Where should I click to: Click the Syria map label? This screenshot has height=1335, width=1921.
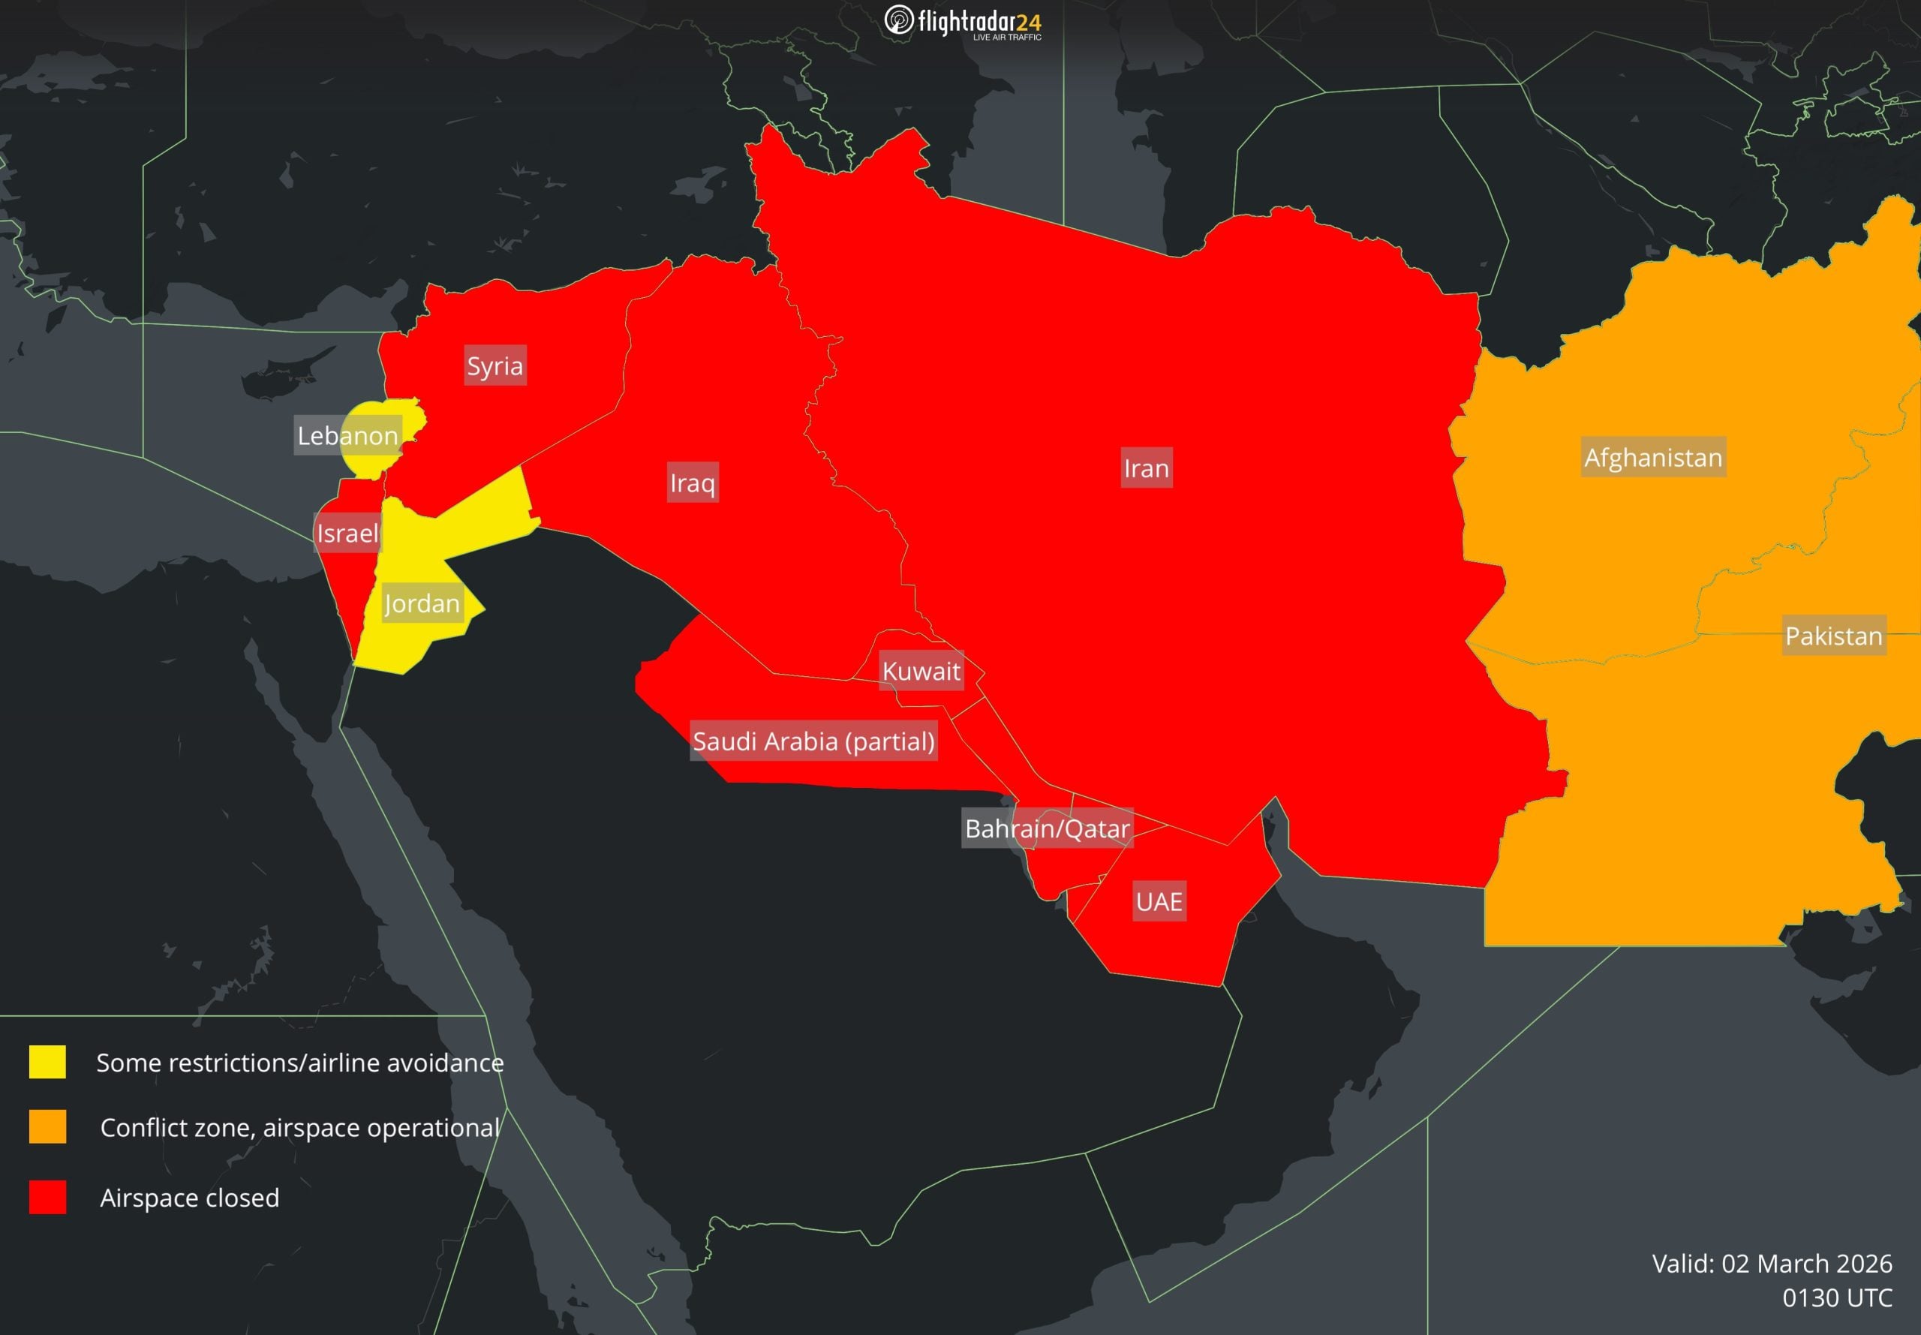[x=495, y=365]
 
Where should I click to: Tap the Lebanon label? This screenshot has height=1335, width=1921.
[x=347, y=435]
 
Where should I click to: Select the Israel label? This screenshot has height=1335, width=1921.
[x=347, y=533]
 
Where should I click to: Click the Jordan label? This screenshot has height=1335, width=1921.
[x=422, y=603]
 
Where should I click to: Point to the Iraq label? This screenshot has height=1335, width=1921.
[x=692, y=483]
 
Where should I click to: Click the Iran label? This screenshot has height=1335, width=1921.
[x=1146, y=468]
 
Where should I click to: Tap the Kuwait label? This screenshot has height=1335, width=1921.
[x=921, y=671]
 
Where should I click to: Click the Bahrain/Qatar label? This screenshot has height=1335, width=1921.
[x=1047, y=828]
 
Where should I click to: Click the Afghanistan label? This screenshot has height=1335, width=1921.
[x=1652, y=458]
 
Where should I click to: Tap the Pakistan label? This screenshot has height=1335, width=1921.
[x=1833, y=636]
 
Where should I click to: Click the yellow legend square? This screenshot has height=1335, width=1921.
[x=48, y=1063]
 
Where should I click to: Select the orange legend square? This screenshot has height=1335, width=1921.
[x=48, y=1126]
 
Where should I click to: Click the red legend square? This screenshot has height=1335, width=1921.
[x=48, y=1197]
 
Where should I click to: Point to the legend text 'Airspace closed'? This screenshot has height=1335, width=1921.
[x=190, y=1198]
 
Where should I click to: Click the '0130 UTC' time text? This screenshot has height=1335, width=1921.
[x=1836, y=1297]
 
